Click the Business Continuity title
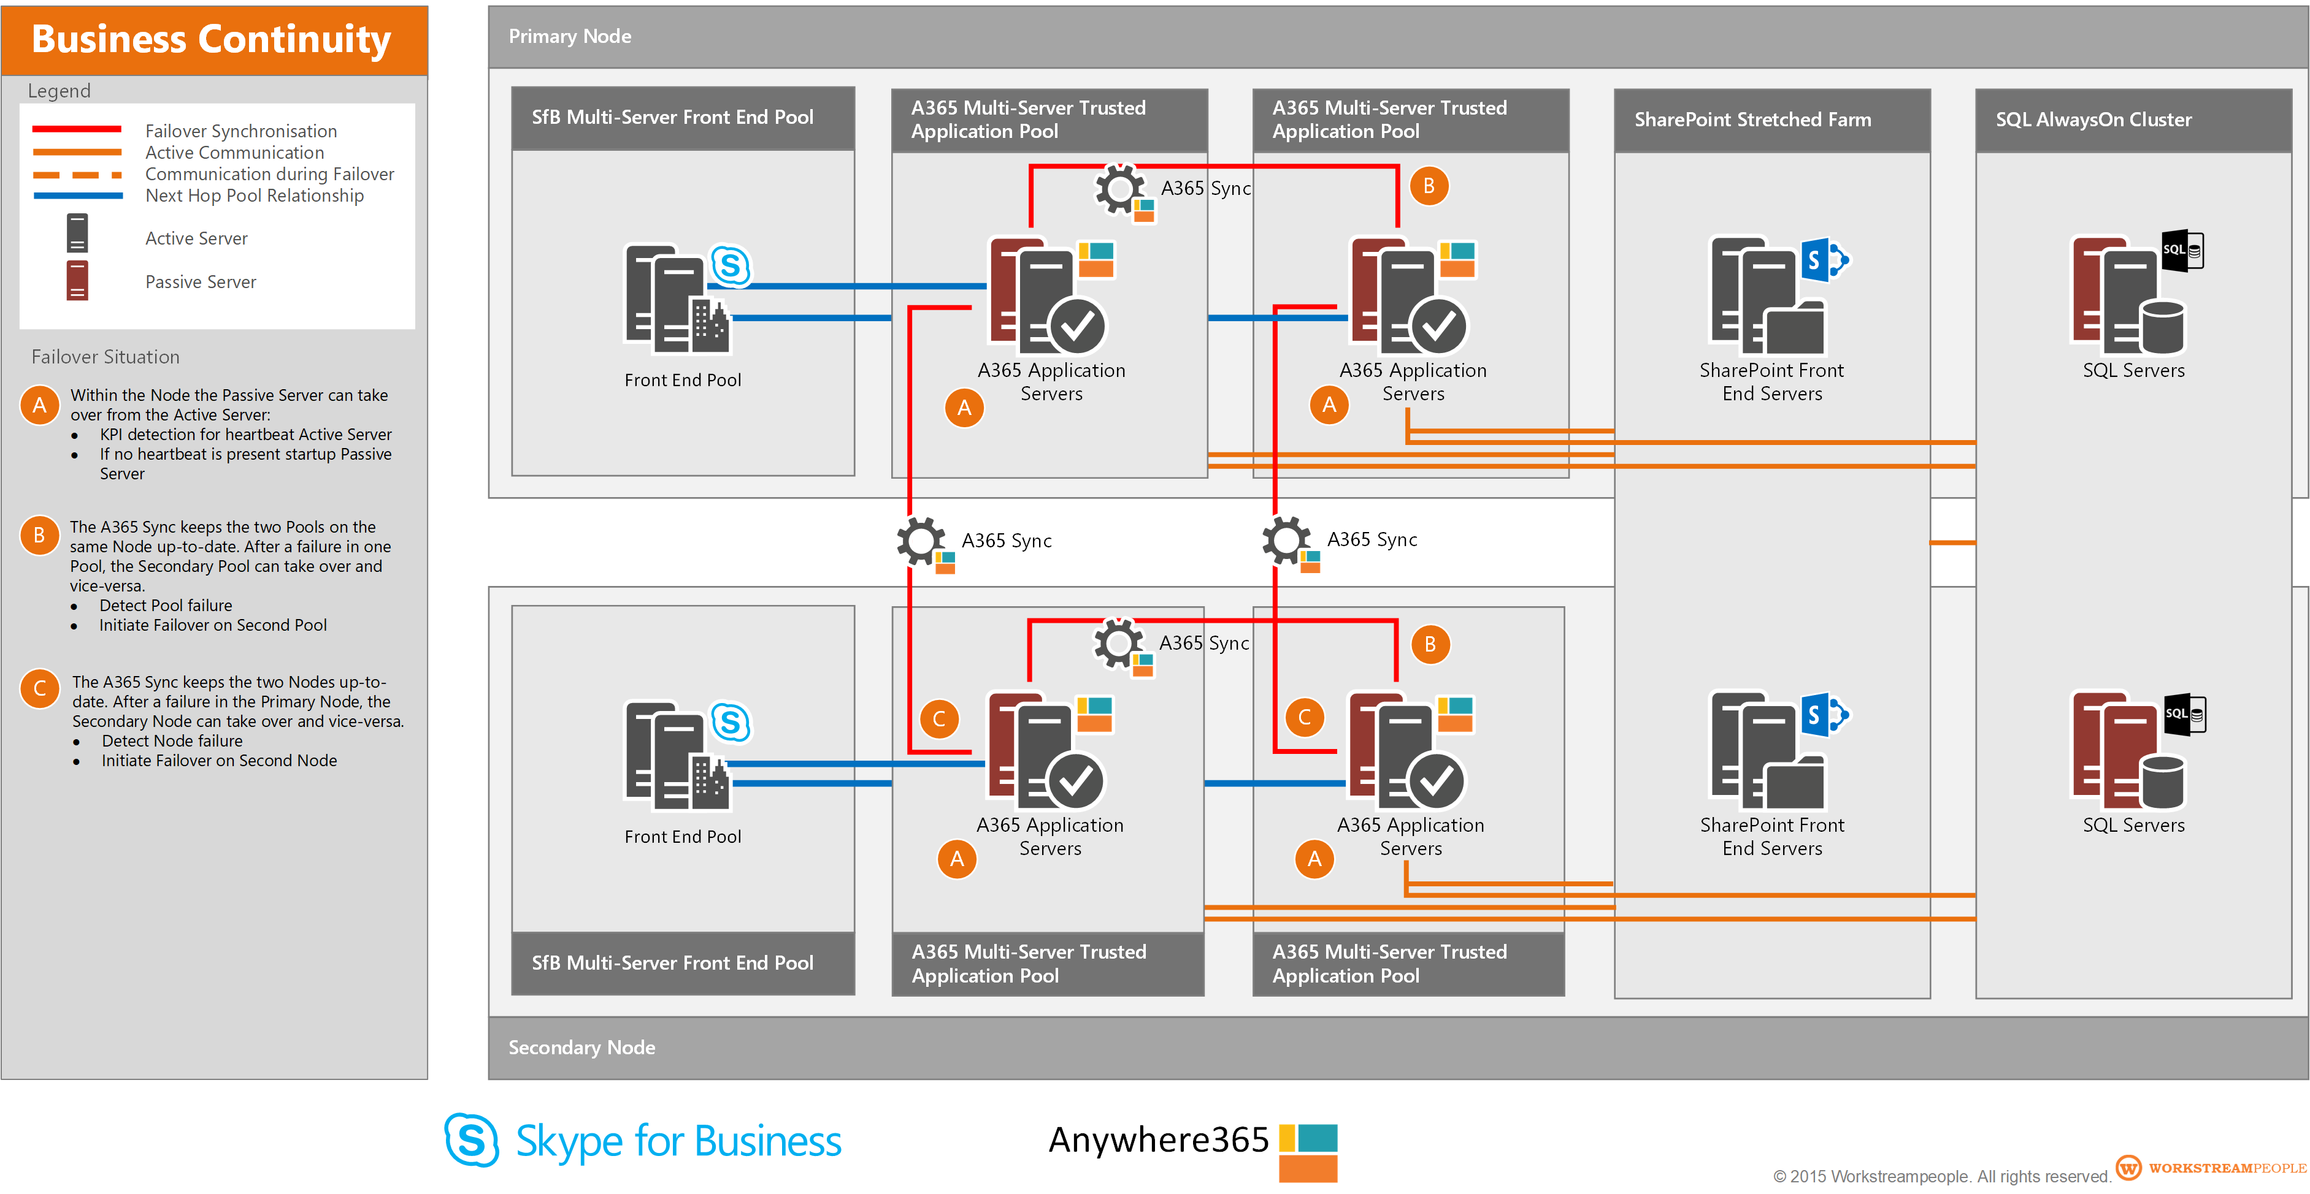212,39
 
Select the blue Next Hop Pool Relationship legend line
77,196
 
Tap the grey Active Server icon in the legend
77,233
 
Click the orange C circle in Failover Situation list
39,688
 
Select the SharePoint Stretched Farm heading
1752,120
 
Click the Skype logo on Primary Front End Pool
731,265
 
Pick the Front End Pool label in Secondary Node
683,836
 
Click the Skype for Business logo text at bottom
677,1141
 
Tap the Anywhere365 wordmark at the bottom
1159,1139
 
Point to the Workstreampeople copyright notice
1941,1175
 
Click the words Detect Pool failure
165,605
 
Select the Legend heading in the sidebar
59,91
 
